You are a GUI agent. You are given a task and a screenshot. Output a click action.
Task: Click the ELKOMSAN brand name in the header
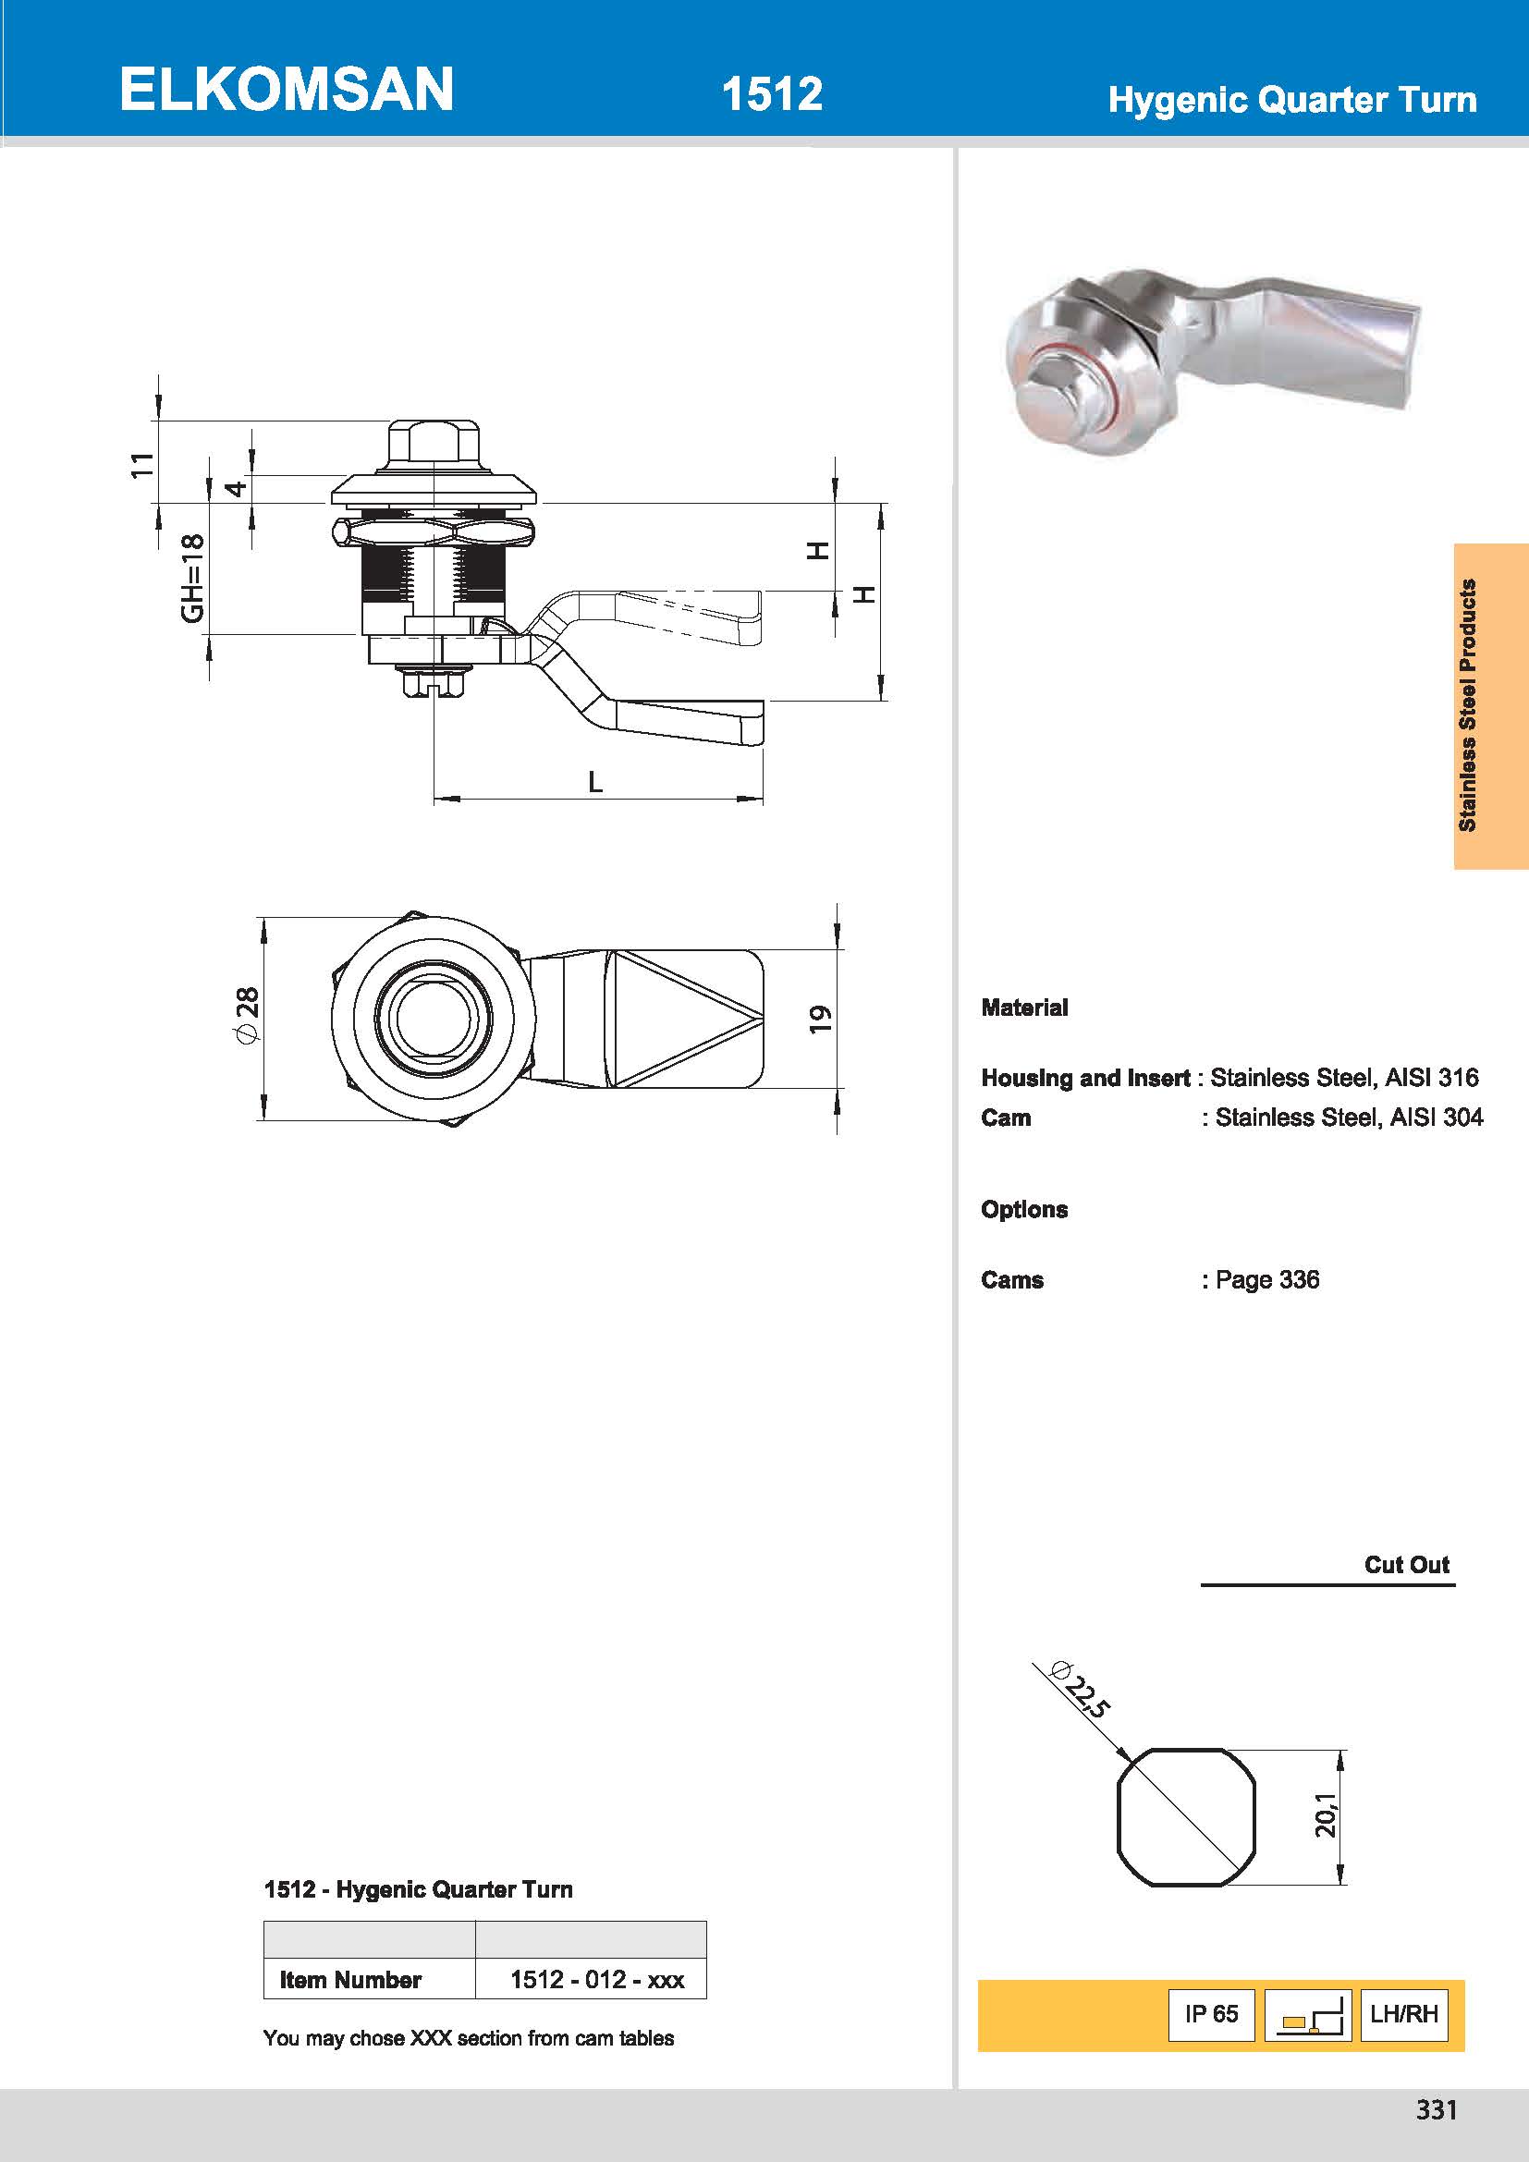coord(287,91)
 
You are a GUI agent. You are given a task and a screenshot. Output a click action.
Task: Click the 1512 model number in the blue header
coord(771,94)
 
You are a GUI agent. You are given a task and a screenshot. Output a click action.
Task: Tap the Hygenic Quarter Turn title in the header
coord(1290,100)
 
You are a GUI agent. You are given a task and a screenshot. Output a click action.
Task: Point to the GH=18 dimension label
coord(192,577)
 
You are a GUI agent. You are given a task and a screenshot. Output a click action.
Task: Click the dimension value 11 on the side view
coord(141,464)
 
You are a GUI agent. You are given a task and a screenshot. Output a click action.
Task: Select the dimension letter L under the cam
coord(595,782)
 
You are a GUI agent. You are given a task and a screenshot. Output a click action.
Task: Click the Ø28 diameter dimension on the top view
coord(246,1015)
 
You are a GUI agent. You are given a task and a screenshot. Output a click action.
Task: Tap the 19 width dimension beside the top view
coord(821,1019)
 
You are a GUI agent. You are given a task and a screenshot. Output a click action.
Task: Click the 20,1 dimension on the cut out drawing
coord(1326,1814)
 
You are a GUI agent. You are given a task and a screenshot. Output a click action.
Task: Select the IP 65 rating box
coord(1211,2013)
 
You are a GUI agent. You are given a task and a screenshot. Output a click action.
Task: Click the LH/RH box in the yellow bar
coord(1403,2013)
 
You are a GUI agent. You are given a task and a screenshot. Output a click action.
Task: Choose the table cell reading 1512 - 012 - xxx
coord(597,1979)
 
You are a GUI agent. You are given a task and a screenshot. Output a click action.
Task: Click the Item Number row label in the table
coord(350,1979)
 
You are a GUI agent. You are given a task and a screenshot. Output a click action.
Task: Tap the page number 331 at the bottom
coord(1436,2109)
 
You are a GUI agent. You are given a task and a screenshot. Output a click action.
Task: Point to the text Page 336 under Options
coord(1266,1279)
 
